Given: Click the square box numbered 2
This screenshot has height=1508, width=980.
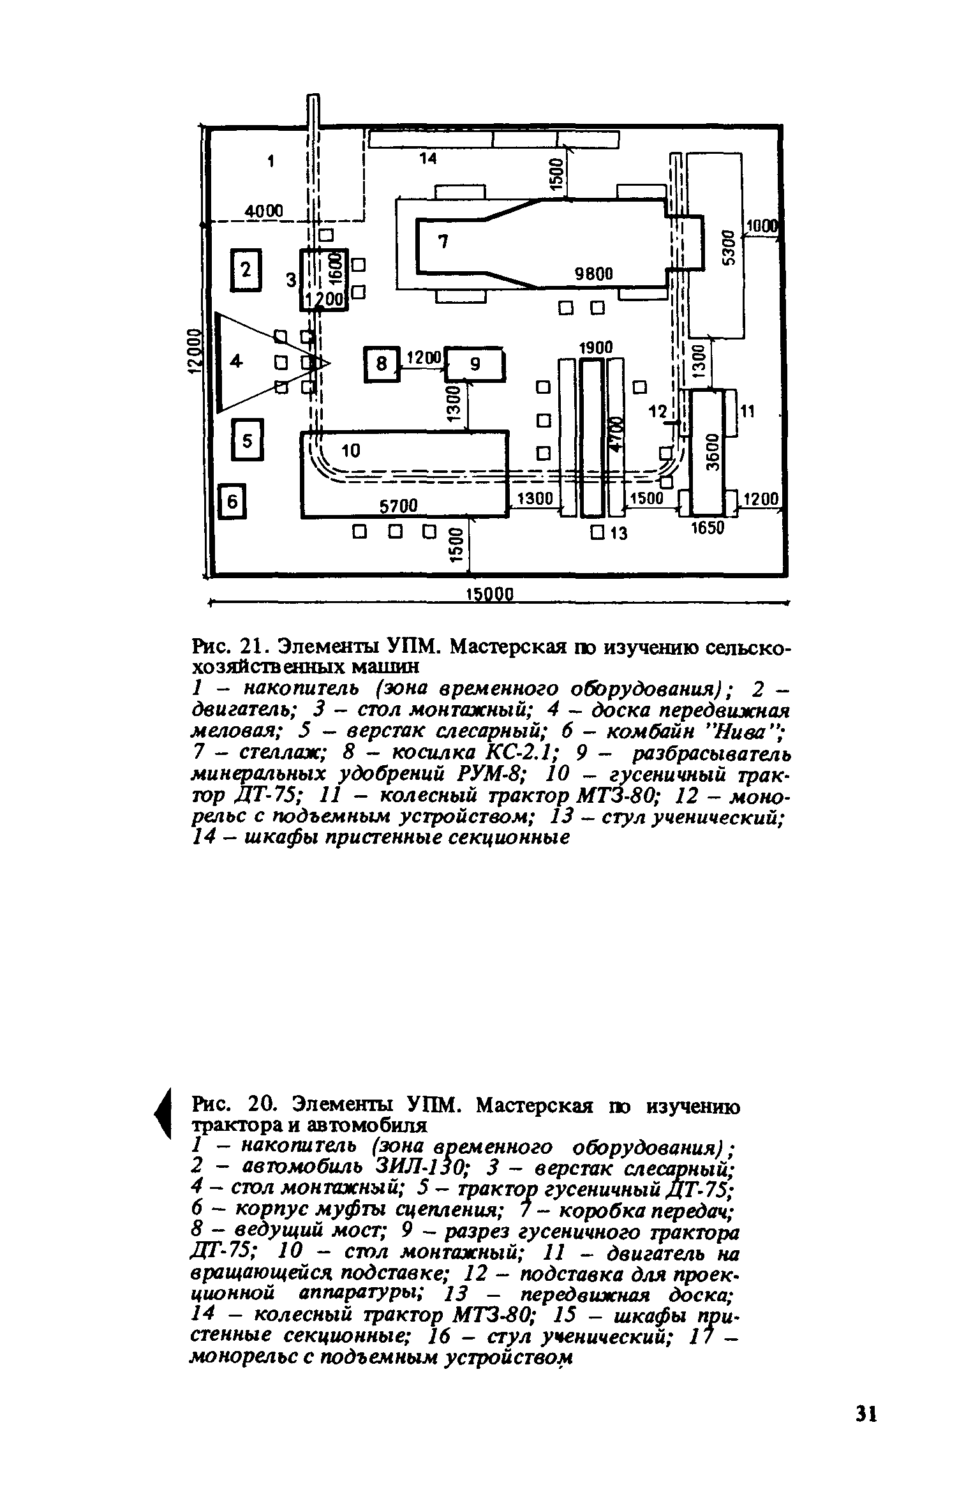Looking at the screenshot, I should click(246, 270).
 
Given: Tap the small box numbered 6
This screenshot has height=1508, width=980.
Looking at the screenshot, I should click(233, 503).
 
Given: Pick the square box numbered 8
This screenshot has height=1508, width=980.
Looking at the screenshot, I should click(382, 364).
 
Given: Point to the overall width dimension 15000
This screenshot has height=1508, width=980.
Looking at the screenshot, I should click(490, 595).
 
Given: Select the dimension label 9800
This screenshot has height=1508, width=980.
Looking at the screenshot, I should click(593, 274).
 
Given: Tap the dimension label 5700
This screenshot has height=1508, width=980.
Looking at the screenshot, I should click(398, 506).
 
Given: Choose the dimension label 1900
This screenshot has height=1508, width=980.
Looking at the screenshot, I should click(594, 347).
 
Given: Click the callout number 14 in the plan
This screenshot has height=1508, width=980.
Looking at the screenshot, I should click(428, 160).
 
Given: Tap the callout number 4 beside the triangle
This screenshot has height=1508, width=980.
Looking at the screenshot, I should click(237, 362).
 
